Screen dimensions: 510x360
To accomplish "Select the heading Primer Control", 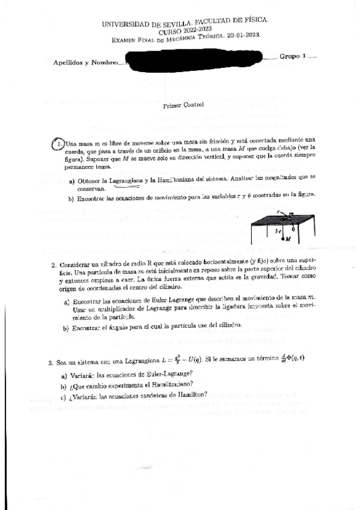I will click(184, 105).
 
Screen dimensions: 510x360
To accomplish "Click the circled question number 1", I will click(58, 144).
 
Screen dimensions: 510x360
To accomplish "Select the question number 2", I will click(53, 265).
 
